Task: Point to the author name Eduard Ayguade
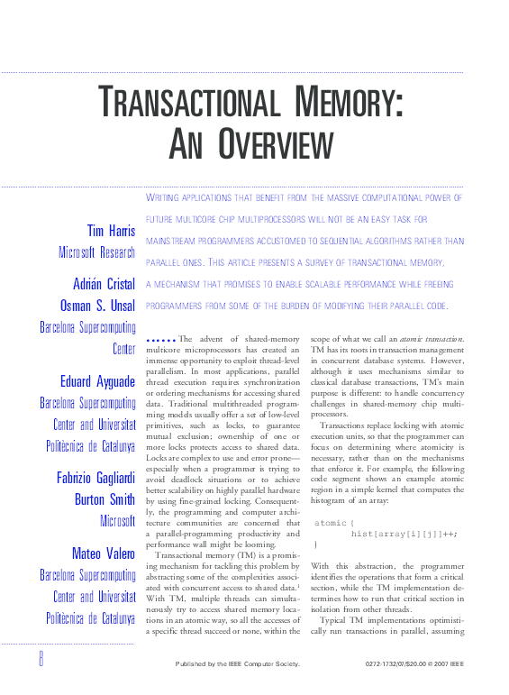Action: [94, 380]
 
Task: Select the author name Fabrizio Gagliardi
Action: [88, 476]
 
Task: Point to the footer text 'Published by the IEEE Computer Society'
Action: [237, 664]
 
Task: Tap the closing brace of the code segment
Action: [315, 520]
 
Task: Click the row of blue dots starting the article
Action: [159, 339]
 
